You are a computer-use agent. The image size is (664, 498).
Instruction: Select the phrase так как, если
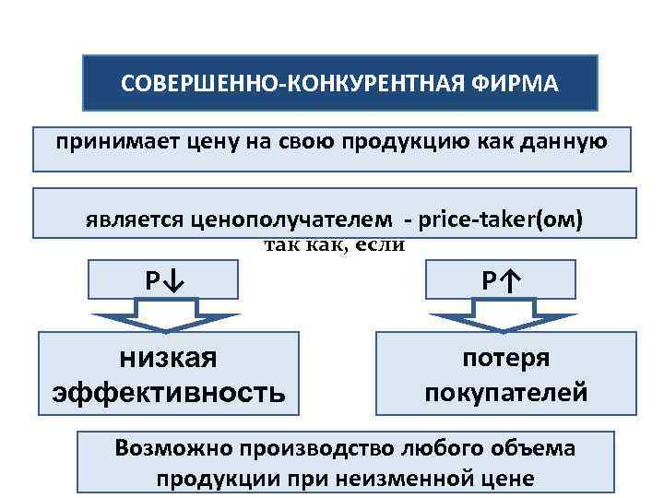[x=335, y=244]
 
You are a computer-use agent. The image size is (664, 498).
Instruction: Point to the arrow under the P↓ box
[x=163, y=320]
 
